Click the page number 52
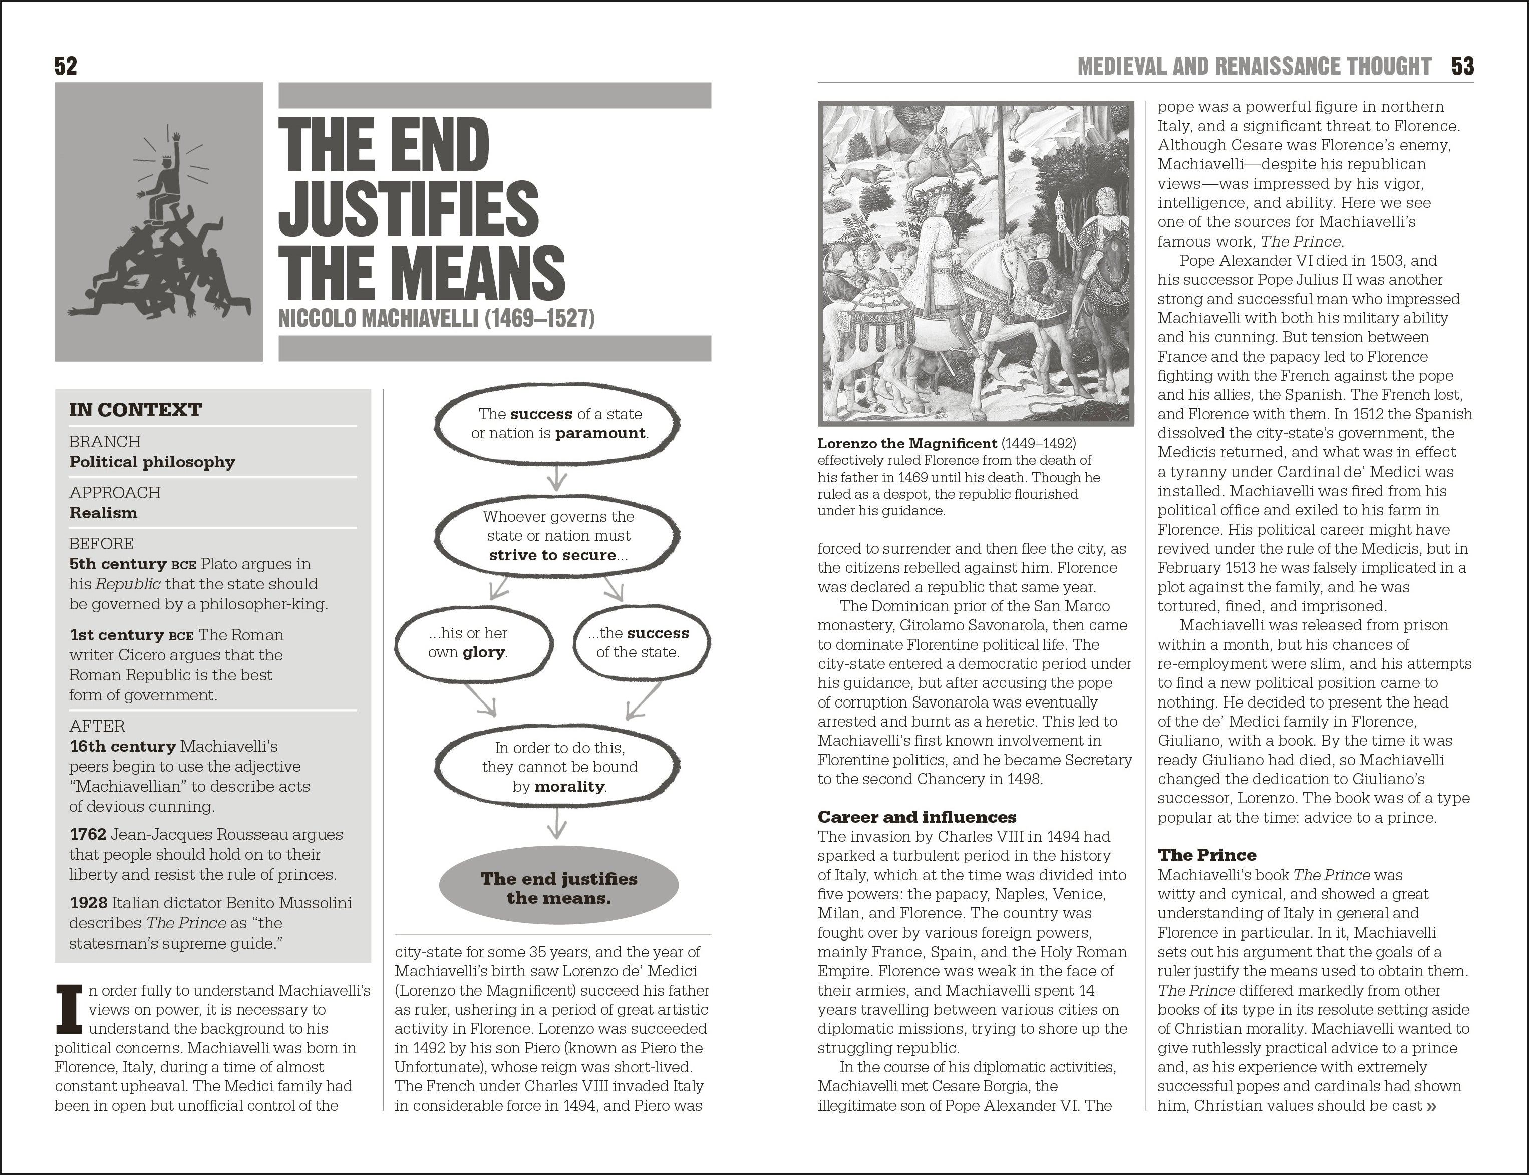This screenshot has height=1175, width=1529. pyautogui.click(x=66, y=67)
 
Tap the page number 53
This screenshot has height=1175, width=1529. pyautogui.click(x=1462, y=67)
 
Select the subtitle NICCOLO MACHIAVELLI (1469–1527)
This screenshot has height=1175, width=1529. pyautogui.click(x=436, y=319)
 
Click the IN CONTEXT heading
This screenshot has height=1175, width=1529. pyautogui.click(x=135, y=410)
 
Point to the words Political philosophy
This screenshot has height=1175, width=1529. pyautogui.click(x=152, y=462)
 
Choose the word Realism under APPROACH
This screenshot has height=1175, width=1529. pyautogui.click(x=103, y=513)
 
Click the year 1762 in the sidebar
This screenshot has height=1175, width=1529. pyautogui.click(x=88, y=834)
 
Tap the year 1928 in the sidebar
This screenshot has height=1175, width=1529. pyautogui.click(x=88, y=903)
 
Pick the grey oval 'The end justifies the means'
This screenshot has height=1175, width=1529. pyautogui.click(x=558, y=888)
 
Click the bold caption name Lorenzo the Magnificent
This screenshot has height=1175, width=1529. pyautogui.click(x=907, y=444)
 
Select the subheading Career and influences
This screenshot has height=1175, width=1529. pyautogui.click(x=916, y=817)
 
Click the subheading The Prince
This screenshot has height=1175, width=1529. pyautogui.click(x=1206, y=855)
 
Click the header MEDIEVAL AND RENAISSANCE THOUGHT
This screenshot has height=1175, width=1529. pyautogui.click(x=1254, y=67)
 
